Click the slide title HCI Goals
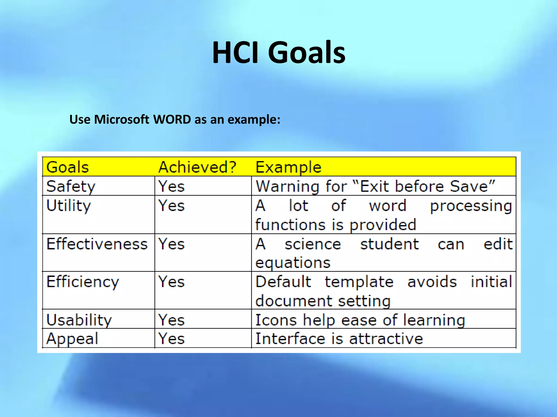[x=278, y=52]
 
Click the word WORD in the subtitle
[x=172, y=119]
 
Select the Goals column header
[x=68, y=167]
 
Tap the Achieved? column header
[x=197, y=167]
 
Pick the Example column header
[x=288, y=167]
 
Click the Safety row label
[x=71, y=187]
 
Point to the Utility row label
[x=69, y=206]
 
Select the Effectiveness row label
[x=97, y=244]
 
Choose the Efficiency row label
[x=83, y=282]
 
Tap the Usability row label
[x=79, y=320]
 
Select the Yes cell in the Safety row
[x=172, y=187]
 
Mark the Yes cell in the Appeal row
[x=172, y=339]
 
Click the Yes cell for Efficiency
[x=172, y=282]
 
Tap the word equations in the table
[x=293, y=263]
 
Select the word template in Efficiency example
[x=359, y=282]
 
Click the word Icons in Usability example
[x=276, y=320]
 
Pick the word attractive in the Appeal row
[x=386, y=339]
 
